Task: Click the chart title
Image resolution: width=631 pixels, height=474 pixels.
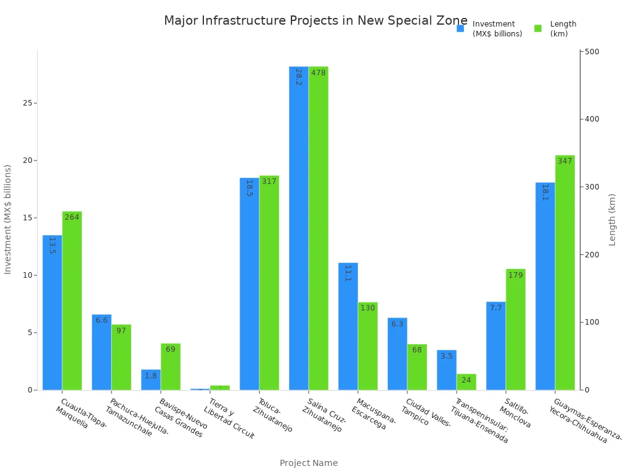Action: point(315,21)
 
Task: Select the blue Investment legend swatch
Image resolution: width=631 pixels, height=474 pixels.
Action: point(460,28)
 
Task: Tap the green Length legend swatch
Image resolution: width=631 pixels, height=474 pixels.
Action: point(538,28)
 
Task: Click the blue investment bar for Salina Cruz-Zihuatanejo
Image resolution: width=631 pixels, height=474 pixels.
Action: point(298,228)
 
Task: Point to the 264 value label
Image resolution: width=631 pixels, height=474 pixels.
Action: point(72,217)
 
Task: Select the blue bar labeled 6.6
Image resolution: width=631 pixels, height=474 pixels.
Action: point(102,352)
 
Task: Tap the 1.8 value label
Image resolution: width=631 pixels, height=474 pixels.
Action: point(151,376)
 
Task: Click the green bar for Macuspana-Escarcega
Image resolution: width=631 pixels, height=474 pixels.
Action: point(368,346)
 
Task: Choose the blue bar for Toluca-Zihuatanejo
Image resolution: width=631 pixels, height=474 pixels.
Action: point(249,284)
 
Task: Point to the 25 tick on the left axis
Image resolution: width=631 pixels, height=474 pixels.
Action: point(27,103)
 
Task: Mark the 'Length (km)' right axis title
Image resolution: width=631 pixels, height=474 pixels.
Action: point(613,220)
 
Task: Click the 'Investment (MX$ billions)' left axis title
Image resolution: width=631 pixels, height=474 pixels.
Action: point(8,219)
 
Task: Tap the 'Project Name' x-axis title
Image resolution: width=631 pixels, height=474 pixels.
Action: point(309,463)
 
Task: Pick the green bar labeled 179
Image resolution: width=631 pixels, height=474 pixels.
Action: point(516,330)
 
